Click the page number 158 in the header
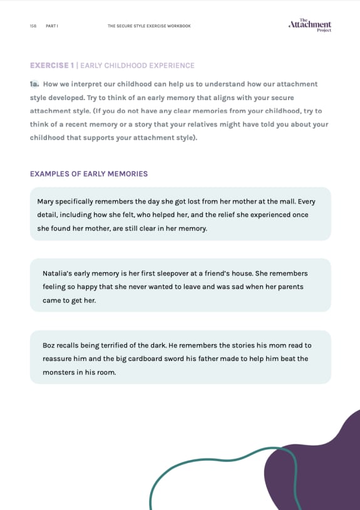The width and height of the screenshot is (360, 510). pos(33,26)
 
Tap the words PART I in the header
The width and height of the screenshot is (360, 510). pos(52,26)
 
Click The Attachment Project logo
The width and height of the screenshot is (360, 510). pos(310,25)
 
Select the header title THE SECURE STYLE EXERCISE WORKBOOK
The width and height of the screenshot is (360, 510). pos(149,26)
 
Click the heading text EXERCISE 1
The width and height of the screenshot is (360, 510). pos(52,65)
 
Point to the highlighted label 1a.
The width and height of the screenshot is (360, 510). pos(34,84)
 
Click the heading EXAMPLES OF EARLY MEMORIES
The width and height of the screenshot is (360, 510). pos(89,173)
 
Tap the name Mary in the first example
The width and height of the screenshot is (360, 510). pos(46,201)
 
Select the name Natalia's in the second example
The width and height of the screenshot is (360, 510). pos(58,273)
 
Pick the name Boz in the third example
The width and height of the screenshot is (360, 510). pos(49,345)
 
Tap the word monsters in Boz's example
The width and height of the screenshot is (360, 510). pos(58,372)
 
